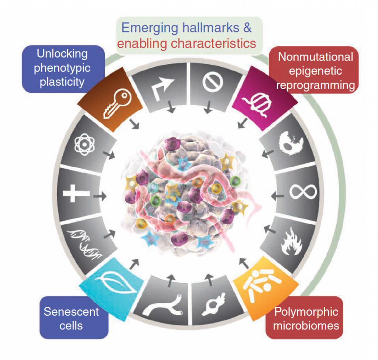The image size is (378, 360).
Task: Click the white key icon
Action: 117,104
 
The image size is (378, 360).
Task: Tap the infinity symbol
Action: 303,192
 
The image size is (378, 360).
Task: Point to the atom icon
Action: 85,145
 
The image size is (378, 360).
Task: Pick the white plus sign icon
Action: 76,193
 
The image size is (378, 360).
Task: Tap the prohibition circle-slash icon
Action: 212,82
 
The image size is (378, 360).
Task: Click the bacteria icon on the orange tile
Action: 262,284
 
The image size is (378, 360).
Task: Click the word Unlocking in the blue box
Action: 62,54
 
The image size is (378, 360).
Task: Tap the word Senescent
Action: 71,312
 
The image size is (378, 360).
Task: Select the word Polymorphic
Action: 306,312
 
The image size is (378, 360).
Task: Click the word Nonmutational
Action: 316,57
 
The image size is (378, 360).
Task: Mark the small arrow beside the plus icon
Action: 100,196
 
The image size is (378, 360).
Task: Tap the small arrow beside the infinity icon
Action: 278,196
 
